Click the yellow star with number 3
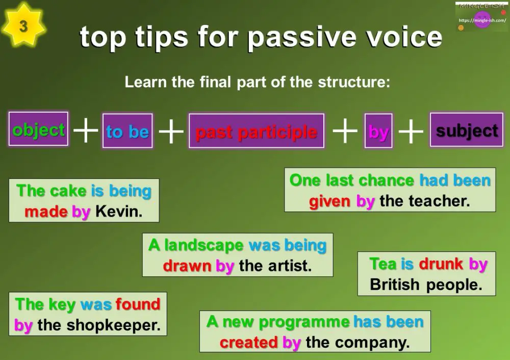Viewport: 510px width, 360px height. click(23, 25)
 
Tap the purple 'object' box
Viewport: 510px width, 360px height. click(39, 130)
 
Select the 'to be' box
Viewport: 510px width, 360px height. click(127, 132)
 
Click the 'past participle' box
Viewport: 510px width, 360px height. click(257, 132)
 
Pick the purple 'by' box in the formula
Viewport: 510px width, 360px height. click(378, 132)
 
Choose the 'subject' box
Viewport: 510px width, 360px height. click(467, 130)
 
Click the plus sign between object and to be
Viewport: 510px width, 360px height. click(86, 131)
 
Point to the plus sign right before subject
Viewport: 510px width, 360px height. click(411, 132)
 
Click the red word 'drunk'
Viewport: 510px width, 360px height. click(441, 264)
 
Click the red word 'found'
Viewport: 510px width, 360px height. click(138, 304)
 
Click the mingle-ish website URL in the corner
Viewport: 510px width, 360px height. click(482, 20)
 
